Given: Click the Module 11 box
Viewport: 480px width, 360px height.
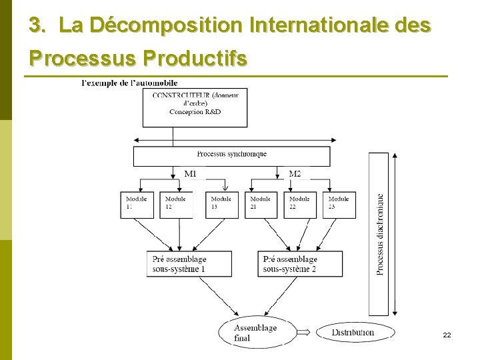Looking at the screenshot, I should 138,204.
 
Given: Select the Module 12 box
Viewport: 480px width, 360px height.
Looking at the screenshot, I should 176,204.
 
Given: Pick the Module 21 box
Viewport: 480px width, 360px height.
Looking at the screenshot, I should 261,204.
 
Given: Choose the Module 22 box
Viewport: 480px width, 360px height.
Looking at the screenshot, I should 300,204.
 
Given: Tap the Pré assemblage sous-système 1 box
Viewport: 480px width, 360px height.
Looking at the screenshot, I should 189,264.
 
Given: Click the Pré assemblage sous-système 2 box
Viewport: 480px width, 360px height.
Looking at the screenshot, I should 300,264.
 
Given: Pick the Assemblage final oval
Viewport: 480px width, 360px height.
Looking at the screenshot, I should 256,333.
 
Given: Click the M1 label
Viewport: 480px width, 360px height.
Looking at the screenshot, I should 191,174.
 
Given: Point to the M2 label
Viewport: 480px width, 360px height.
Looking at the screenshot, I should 295,174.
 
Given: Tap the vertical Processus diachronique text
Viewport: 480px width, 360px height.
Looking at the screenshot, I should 379,233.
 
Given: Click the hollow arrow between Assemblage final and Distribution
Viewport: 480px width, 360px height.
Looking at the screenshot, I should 304,333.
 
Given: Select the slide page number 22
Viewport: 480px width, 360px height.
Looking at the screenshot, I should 447,335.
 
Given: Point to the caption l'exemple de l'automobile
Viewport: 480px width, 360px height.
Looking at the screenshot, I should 129,83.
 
